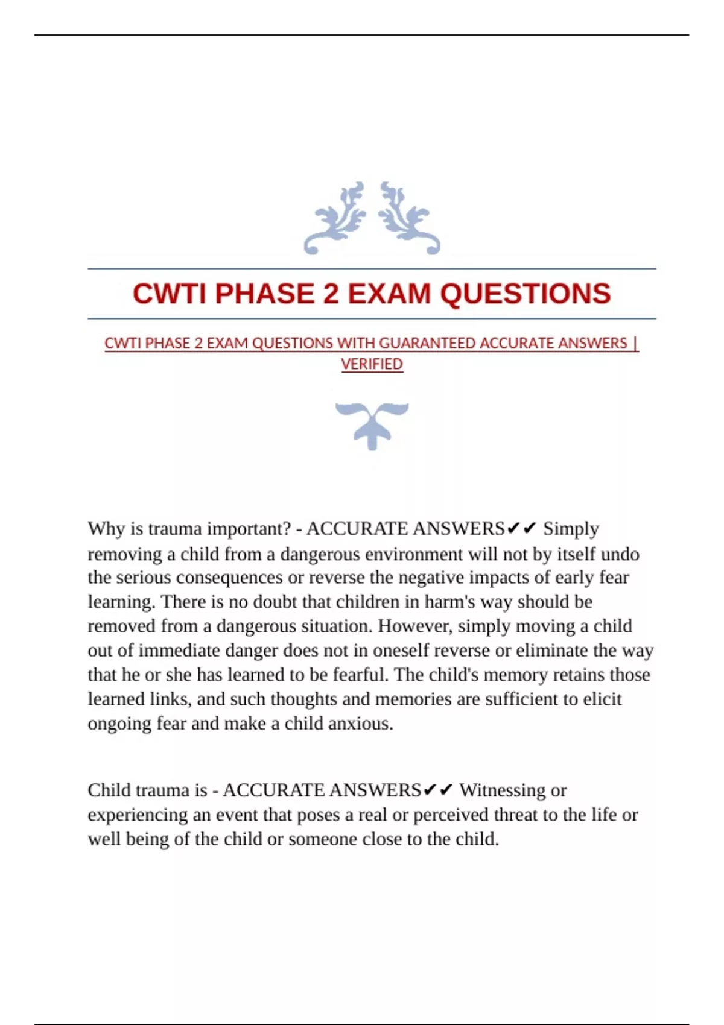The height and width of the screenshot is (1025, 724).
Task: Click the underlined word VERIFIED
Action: click(372, 364)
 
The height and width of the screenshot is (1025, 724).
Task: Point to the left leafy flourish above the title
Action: click(335, 218)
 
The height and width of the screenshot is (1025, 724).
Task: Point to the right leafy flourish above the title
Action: click(408, 218)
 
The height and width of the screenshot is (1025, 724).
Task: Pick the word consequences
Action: click(229, 578)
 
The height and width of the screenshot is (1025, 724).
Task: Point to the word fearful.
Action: click(360, 675)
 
